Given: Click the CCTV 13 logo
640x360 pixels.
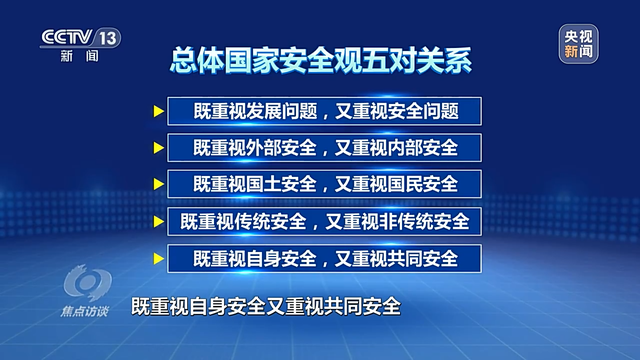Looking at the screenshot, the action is click(x=80, y=44).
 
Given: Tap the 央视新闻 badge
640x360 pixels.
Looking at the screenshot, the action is click(x=578, y=44).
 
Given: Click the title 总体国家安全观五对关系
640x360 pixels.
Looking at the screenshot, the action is click(x=321, y=60).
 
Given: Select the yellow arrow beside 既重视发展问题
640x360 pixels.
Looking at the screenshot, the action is click(x=159, y=111).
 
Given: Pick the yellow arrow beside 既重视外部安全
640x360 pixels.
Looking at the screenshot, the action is click(x=159, y=148).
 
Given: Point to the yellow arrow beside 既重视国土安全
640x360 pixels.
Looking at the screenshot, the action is click(x=159, y=184).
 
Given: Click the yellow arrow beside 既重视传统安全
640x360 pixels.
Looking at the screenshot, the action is click(x=159, y=222).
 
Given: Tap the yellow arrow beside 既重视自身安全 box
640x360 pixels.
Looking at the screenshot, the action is click(x=159, y=259).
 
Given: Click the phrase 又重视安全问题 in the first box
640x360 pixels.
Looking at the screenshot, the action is click(x=397, y=111).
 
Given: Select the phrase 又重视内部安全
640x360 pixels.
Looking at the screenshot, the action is click(x=396, y=148).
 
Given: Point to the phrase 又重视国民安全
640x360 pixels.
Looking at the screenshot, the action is click(x=396, y=184).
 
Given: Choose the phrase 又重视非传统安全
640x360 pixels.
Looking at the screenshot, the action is click(x=397, y=222).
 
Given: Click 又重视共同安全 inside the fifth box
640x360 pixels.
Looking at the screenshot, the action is click(x=396, y=259).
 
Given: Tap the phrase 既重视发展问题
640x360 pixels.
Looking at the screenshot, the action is click(x=255, y=111).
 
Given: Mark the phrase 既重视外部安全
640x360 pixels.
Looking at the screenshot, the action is click(x=255, y=148).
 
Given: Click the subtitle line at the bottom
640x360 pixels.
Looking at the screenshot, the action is click(x=266, y=307).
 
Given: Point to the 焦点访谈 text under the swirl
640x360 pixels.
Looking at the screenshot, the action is click(x=84, y=311).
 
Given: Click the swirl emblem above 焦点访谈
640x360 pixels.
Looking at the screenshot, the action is click(x=87, y=283).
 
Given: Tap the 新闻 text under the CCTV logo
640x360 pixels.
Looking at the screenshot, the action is click(x=80, y=56).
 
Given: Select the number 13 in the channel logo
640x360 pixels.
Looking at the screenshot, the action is click(x=108, y=38).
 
